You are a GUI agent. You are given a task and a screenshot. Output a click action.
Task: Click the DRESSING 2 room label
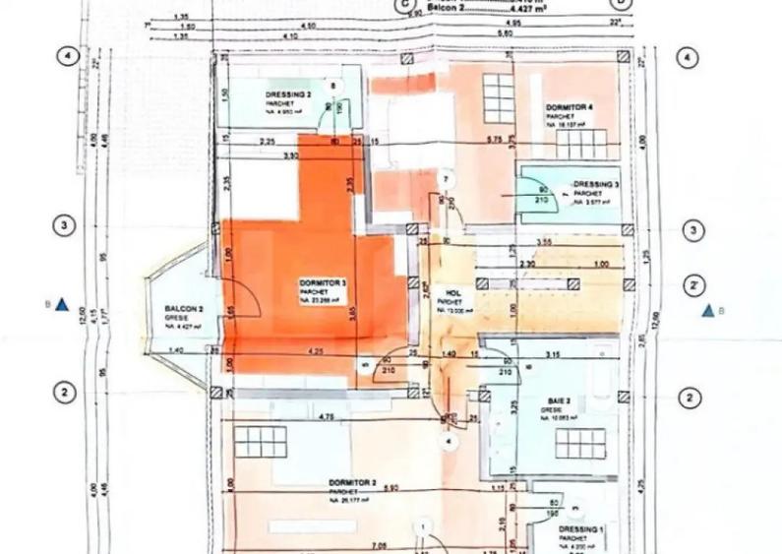288,94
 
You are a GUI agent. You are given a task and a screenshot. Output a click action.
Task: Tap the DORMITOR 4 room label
570,106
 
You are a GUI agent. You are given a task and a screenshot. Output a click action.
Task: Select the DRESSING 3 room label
596,184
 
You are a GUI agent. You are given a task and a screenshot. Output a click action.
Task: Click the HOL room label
453,292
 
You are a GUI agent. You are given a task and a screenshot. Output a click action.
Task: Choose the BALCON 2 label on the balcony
184,310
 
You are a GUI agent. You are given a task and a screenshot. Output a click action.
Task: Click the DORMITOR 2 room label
352,483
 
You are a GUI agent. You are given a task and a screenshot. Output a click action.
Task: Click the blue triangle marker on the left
62,305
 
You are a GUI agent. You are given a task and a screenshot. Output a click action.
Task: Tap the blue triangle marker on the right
707,311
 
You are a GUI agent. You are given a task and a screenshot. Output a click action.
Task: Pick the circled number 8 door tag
333,86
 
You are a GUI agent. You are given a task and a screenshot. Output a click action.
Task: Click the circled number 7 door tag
446,179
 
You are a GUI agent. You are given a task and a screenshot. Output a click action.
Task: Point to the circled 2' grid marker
693,285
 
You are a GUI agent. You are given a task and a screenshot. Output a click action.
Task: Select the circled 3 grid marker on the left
64,226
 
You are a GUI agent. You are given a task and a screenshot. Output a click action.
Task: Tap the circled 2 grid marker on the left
64,392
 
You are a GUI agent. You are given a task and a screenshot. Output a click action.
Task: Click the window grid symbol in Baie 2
579,443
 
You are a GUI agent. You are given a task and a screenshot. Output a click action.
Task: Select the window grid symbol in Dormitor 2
261,442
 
